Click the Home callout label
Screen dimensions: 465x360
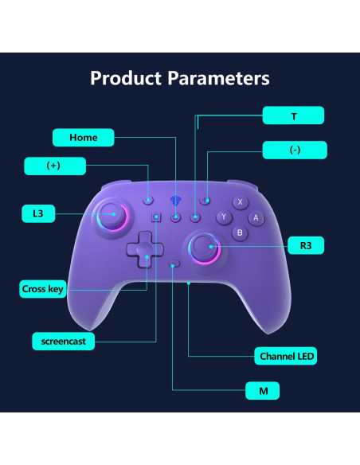click(83, 137)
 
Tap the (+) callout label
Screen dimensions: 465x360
click(53, 166)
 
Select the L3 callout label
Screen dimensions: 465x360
click(37, 213)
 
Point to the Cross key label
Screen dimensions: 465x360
click(42, 289)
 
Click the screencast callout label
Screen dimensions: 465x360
click(63, 341)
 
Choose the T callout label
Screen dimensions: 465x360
click(294, 115)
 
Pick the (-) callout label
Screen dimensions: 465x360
click(295, 150)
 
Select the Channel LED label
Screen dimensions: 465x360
click(285, 356)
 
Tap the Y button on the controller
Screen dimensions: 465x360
click(224, 217)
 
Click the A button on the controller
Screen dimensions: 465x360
click(256, 217)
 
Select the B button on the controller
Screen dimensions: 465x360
click(240, 232)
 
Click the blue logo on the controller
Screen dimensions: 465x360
click(177, 202)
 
